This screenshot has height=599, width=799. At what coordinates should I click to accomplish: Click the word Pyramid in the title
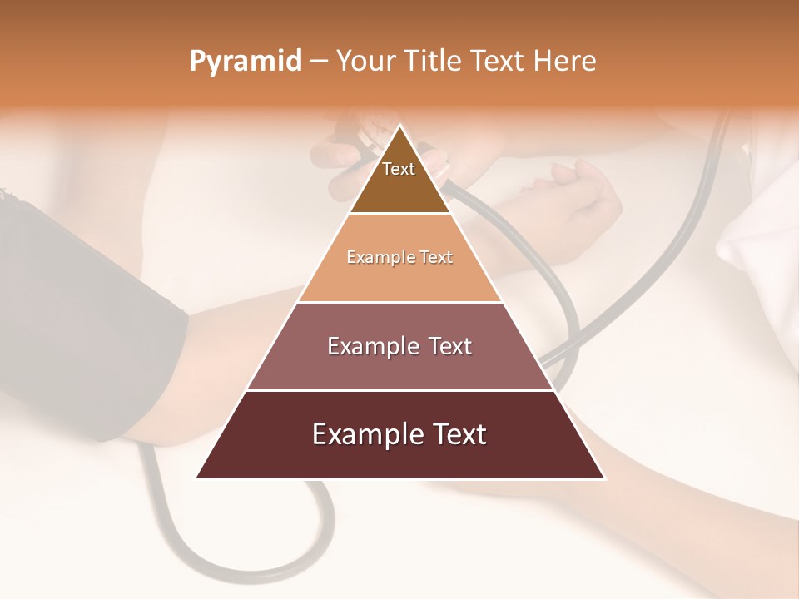(245, 62)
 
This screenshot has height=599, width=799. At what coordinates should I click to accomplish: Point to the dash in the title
(318, 62)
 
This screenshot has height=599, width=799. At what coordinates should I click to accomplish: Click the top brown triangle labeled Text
(399, 179)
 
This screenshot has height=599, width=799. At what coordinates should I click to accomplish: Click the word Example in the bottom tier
(364, 434)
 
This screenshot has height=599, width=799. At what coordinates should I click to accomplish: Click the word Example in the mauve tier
(371, 346)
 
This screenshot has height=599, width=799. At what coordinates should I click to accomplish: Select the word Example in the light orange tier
(380, 257)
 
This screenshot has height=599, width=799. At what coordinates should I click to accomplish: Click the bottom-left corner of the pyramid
(197, 478)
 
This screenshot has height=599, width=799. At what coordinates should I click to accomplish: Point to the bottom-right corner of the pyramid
(605, 478)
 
